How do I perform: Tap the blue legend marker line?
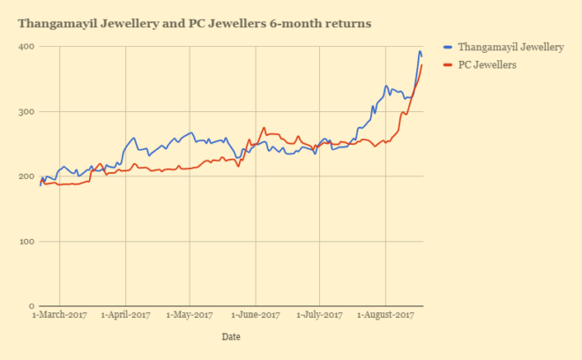click(448, 47)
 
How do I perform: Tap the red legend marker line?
click(448, 64)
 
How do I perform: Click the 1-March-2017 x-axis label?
click(59, 314)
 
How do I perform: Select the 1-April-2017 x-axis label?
click(125, 314)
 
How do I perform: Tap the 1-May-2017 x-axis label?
click(190, 314)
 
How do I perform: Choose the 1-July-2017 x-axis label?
click(319, 314)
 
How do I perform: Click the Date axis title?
click(230, 336)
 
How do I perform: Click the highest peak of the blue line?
click(420, 51)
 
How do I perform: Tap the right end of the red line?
click(422, 64)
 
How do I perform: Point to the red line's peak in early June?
click(264, 127)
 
